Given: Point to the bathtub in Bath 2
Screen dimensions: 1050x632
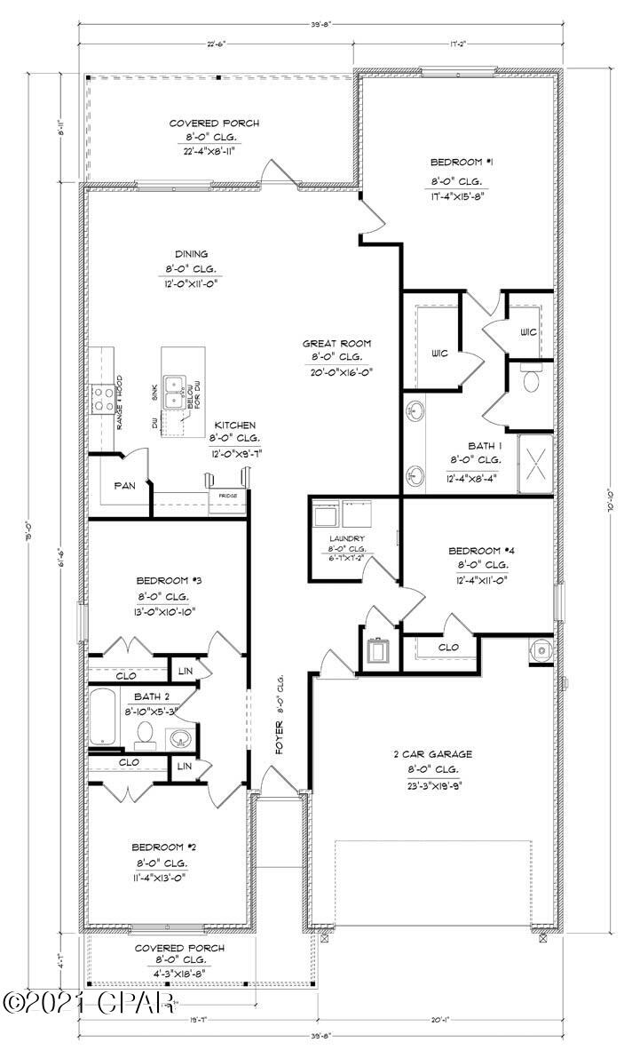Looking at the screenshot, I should [x=105, y=716].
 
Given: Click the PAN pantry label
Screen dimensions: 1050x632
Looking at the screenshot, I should [x=124, y=486].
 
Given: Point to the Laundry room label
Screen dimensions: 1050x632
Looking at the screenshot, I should [x=347, y=538].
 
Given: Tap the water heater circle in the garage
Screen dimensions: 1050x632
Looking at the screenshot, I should [x=539, y=650].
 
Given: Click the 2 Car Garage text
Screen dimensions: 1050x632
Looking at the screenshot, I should [x=434, y=754].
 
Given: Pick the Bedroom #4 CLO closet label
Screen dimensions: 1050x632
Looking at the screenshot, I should [x=449, y=648].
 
